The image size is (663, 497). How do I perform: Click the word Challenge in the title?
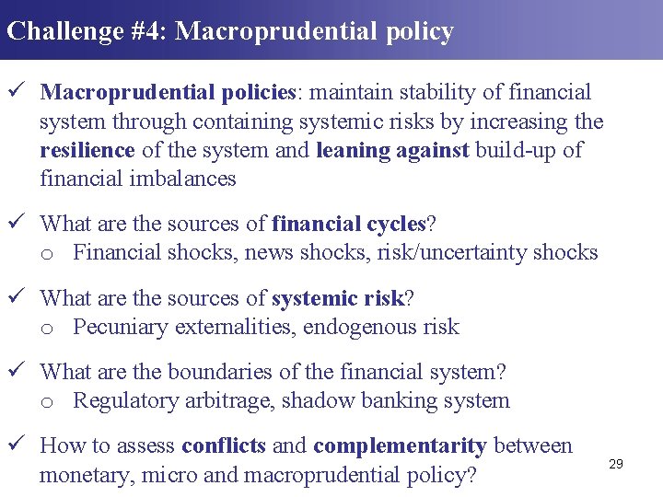pos(64,31)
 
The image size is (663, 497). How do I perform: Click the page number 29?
pos(616,464)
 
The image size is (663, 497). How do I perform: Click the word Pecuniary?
pos(121,327)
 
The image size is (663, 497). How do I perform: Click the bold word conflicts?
pos(224,446)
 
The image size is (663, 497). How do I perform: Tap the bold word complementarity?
pos(400,446)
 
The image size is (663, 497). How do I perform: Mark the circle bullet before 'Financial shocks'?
pos(47,253)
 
